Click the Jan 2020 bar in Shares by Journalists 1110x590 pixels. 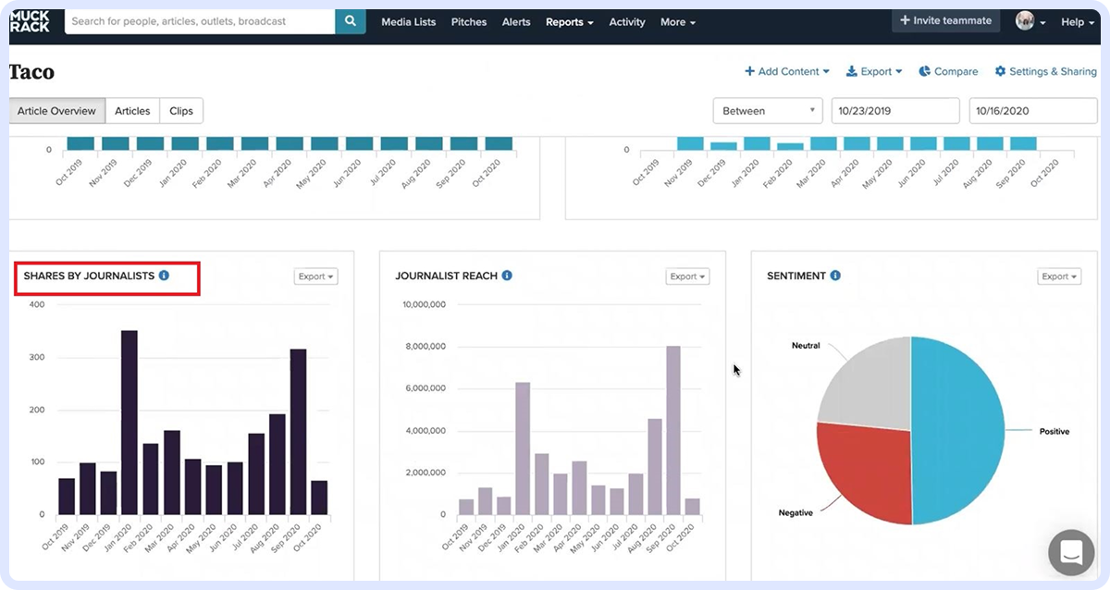(x=129, y=422)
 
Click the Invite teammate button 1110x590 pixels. (x=945, y=20)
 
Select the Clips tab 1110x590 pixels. (x=181, y=111)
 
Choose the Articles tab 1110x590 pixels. (x=132, y=111)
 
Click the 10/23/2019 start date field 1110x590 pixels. (x=894, y=111)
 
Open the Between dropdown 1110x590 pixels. (x=768, y=111)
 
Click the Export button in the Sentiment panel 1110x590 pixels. (x=1059, y=277)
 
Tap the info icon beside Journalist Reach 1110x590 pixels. (x=507, y=276)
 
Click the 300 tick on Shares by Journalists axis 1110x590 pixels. (x=37, y=357)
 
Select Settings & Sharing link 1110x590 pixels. (x=1045, y=71)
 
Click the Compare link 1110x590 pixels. (x=948, y=71)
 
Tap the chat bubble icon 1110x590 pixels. (x=1071, y=553)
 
